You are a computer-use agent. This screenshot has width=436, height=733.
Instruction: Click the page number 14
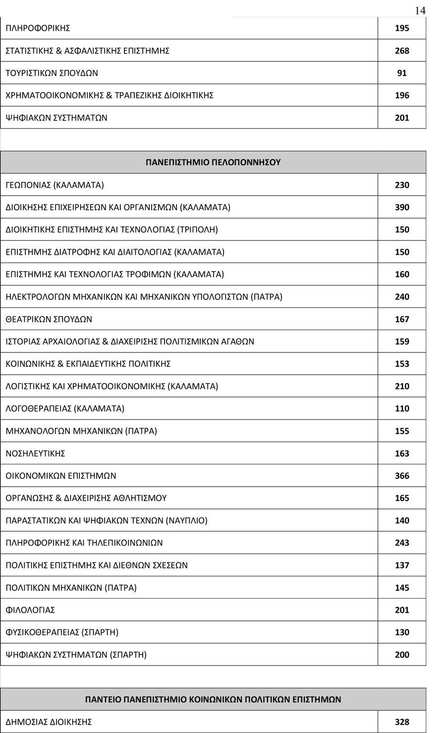point(420,10)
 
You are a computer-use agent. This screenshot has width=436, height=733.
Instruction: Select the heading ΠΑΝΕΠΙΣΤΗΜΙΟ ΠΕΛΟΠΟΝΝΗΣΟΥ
point(213,162)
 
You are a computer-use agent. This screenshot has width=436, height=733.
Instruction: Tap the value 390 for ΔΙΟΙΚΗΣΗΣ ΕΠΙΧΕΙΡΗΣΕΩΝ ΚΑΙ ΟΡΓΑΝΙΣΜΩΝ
point(402,207)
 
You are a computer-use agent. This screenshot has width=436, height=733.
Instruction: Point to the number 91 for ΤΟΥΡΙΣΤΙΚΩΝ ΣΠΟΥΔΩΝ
point(402,73)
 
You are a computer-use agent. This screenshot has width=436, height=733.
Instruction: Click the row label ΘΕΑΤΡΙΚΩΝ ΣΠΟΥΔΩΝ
point(49,319)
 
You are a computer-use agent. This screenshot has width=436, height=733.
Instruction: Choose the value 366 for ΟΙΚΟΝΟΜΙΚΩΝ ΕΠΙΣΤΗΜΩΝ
point(402,476)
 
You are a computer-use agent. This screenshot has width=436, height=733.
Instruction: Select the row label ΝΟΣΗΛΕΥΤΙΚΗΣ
point(35,453)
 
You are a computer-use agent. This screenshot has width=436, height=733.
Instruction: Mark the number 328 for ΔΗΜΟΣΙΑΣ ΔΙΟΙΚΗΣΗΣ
point(402,722)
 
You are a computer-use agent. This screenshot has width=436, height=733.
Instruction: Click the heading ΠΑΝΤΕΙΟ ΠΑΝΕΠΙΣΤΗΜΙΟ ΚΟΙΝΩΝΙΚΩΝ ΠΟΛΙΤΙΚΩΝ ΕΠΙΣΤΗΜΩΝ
point(213,699)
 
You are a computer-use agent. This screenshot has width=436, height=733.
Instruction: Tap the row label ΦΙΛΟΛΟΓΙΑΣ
point(30,610)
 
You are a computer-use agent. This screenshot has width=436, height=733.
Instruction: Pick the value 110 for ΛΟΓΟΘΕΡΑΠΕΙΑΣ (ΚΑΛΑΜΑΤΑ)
point(402,408)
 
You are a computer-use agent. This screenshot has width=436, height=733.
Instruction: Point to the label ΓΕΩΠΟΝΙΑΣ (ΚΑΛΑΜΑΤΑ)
point(54,185)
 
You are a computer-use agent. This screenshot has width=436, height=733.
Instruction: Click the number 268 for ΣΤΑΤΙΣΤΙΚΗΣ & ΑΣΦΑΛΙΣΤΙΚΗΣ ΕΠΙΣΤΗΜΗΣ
point(402,51)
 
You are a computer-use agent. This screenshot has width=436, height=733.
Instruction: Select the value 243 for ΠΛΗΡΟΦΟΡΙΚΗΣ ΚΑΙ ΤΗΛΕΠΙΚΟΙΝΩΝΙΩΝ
point(402,543)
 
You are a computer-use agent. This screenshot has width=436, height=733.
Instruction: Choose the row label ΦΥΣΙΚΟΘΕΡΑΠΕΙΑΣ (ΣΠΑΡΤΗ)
point(62,632)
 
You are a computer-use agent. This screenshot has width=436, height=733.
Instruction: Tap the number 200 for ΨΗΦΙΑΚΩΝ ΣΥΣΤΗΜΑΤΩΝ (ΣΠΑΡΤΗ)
point(402,655)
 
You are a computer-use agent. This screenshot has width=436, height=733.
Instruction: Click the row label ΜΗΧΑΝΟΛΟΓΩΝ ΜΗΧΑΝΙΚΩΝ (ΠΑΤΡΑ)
point(81,431)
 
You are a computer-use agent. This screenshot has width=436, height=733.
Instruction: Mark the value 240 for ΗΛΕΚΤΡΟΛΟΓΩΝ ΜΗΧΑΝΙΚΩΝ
point(402,297)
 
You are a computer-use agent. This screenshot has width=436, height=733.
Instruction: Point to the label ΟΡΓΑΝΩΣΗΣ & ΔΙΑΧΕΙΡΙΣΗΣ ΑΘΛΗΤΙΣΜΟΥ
point(86,498)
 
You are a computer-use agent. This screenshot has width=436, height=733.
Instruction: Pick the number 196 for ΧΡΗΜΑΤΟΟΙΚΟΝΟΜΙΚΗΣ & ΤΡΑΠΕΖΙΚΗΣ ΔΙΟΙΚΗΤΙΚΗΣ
point(402,95)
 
